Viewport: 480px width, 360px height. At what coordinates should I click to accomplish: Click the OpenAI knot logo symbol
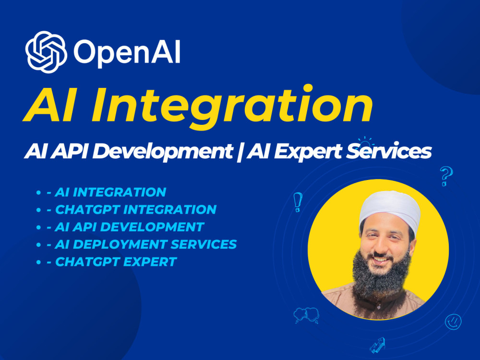(46, 51)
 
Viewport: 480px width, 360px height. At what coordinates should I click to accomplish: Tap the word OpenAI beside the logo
(127, 52)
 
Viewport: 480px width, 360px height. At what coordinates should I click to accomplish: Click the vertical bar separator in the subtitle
(235, 152)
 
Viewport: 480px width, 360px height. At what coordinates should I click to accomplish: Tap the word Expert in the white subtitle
(302, 152)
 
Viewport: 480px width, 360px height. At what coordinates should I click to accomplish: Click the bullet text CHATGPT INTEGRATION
(136, 209)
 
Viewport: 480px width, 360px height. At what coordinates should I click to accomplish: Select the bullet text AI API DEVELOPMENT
(130, 227)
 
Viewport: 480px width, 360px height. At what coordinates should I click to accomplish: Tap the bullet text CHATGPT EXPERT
(116, 262)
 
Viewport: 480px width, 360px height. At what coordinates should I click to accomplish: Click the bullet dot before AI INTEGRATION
(38, 192)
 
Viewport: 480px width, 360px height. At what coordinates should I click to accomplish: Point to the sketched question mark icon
(446, 176)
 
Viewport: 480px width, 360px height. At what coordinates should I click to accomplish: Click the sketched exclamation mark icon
(298, 202)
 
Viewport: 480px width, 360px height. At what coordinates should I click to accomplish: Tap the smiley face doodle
(453, 322)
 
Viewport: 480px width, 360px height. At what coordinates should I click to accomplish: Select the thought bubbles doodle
(306, 315)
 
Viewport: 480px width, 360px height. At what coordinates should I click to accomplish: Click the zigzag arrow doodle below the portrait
(377, 346)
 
